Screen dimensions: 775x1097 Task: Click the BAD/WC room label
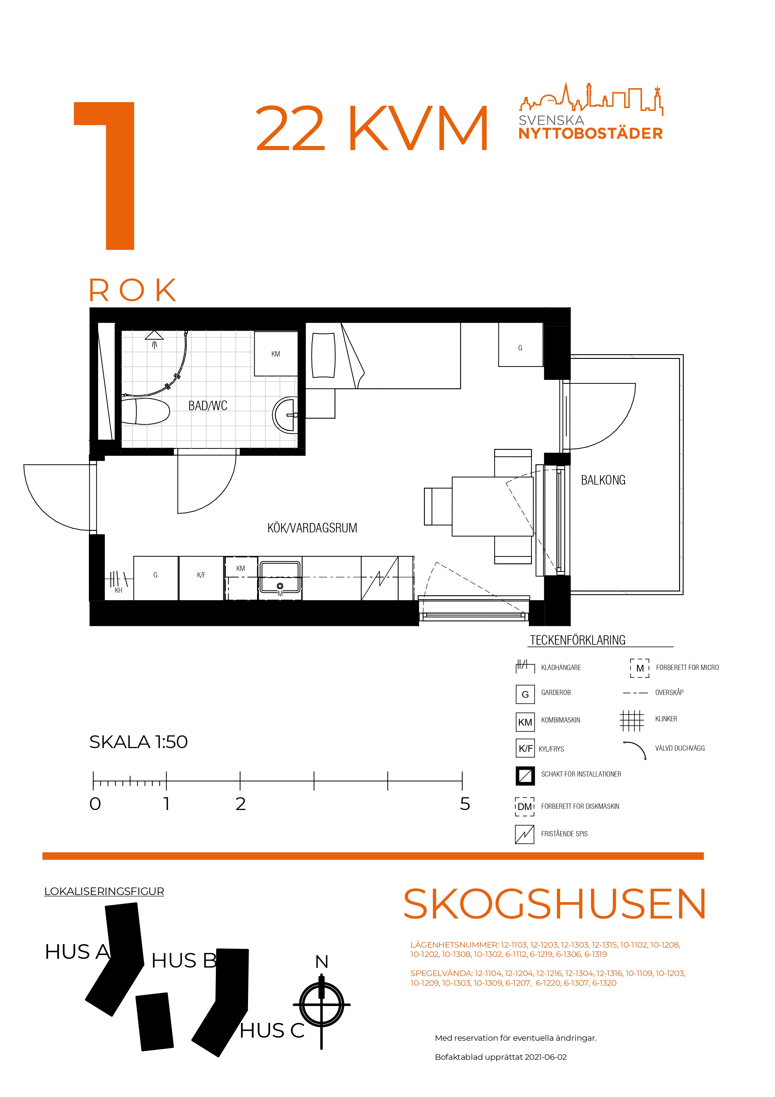tap(208, 406)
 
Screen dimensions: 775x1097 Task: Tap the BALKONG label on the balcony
tap(603, 480)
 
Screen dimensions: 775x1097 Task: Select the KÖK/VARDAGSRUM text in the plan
tap(312, 528)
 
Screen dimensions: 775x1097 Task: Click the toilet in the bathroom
tap(146, 411)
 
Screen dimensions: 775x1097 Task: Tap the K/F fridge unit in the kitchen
tap(201, 578)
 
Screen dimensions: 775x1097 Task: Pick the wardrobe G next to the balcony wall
tap(520, 345)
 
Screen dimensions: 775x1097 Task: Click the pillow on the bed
tap(323, 355)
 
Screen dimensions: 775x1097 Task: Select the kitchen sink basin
tap(280, 578)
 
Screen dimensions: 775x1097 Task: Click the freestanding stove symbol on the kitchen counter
tap(380, 578)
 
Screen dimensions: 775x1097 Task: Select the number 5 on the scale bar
tap(465, 804)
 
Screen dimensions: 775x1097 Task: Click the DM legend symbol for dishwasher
tap(525, 807)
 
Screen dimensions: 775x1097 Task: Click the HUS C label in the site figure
tap(272, 1031)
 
